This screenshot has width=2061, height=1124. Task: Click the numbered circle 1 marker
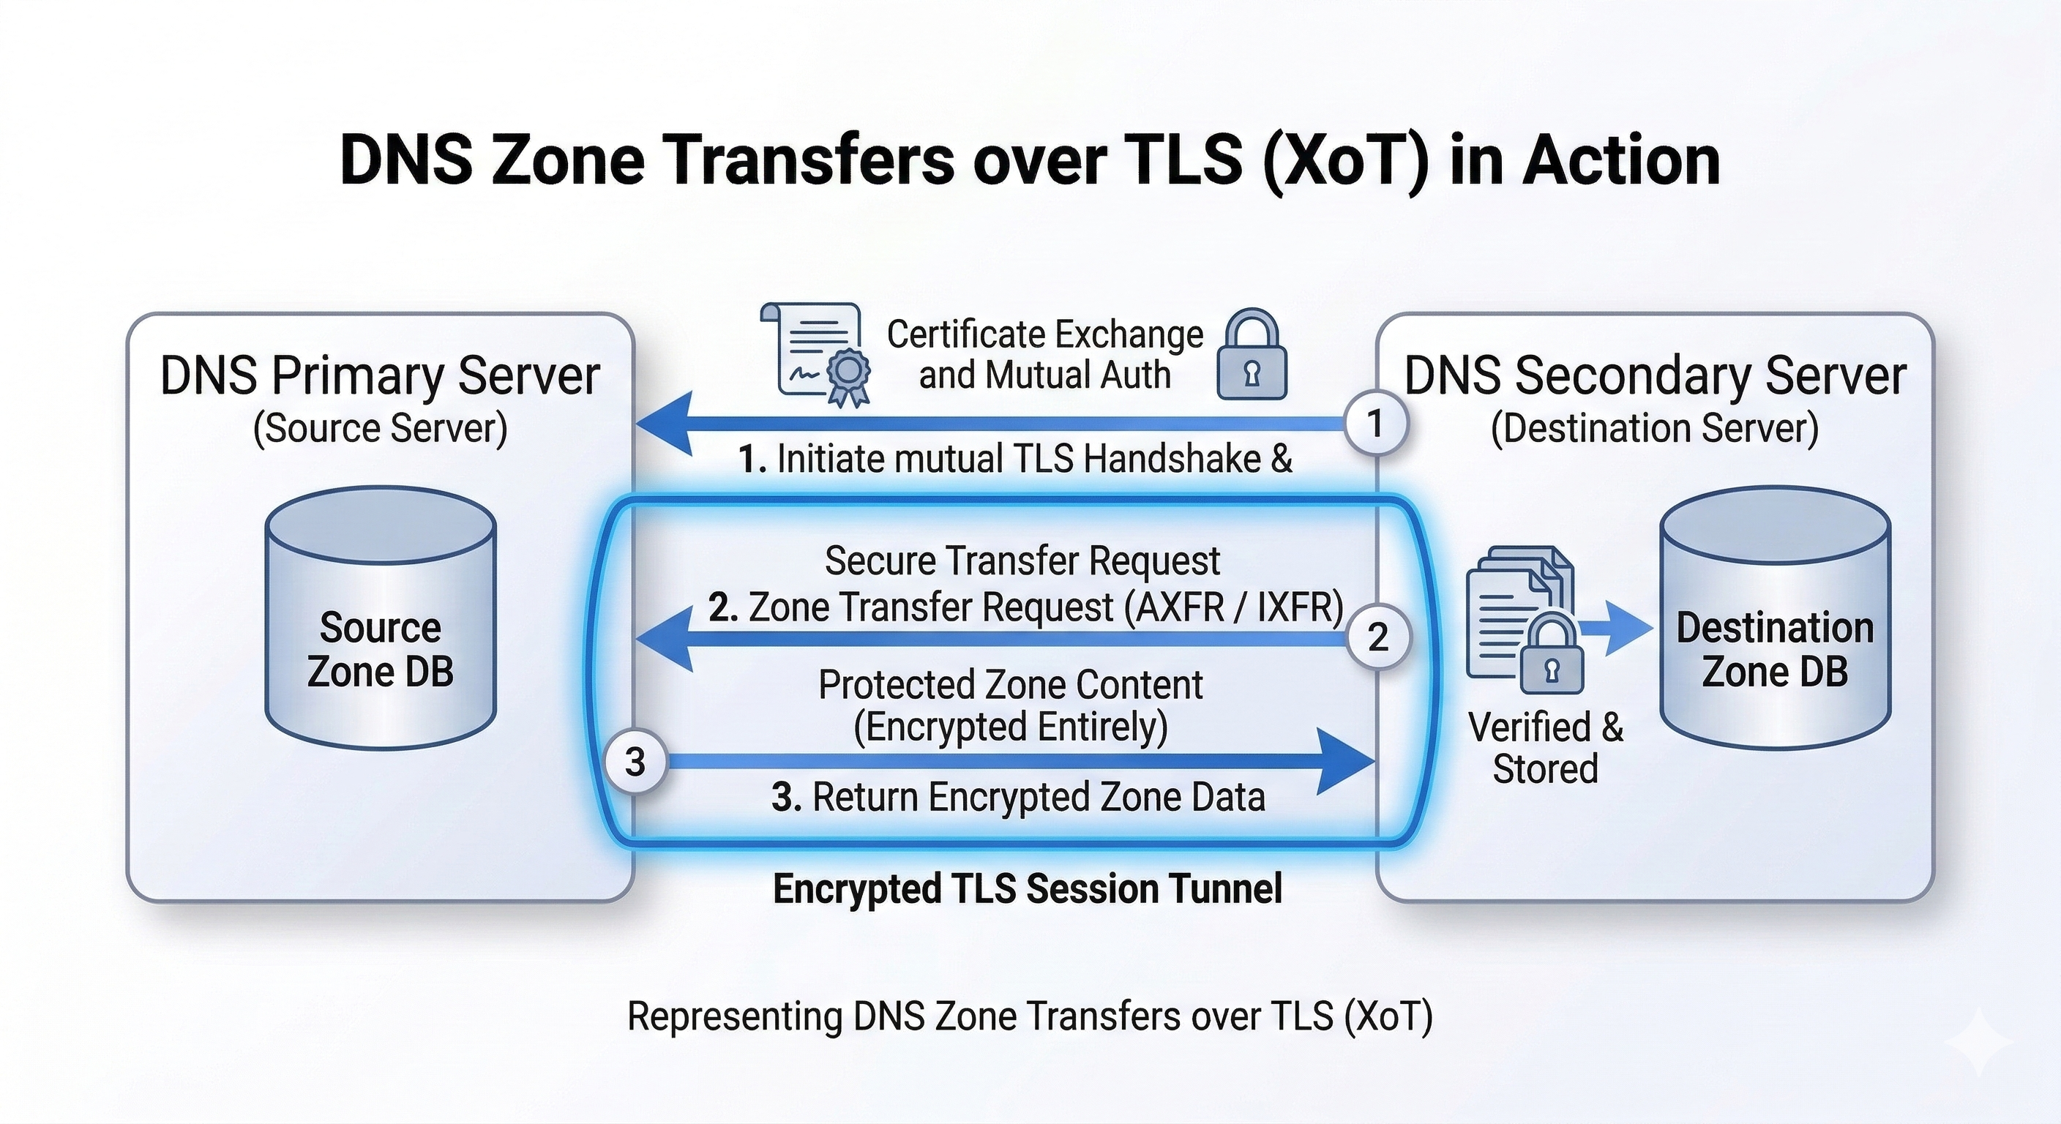pyautogui.click(x=1375, y=424)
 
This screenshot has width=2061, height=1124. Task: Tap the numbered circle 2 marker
pyautogui.click(x=1377, y=637)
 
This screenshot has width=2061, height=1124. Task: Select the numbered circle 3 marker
pyautogui.click(x=635, y=762)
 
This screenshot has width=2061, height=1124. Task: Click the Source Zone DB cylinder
pyautogui.click(x=380, y=618)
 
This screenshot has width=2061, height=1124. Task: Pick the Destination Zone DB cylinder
pyautogui.click(x=1775, y=618)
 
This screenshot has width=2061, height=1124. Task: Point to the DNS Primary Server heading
pyautogui.click(x=380, y=375)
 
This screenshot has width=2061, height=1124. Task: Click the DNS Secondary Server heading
pyautogui.click(x=1655, y=375)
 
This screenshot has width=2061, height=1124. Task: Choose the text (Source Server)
pyautogui.click(x=380, y=428)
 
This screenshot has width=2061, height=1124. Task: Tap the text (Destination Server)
pyautogui.click(x=1655, y=428)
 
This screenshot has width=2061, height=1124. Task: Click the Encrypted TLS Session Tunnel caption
pyautogui.click(x=1028, y=889)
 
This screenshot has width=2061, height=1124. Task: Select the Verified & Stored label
pyautogui.click(x=1545, y=748)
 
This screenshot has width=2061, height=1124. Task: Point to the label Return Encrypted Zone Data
pyautogui.click(x=1039, y=797)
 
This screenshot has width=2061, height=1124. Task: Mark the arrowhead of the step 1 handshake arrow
pyautogui.click(x=664, y=424)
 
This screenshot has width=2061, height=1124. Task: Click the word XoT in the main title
pyautogui.click(x=1346, y=161)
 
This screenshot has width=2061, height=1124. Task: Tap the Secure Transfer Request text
pyautogui.click(x=1022, y=561)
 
